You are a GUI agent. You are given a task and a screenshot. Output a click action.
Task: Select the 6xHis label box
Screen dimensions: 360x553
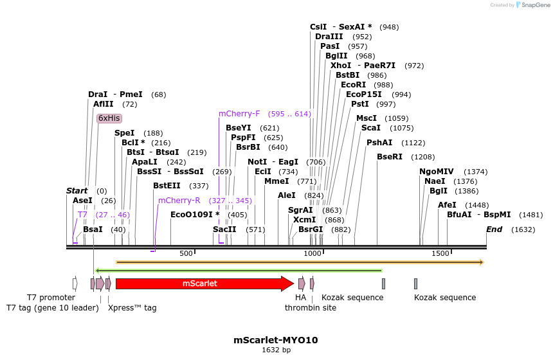(x=109, y=118)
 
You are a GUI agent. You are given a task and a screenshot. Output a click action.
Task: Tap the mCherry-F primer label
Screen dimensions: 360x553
(x=239, y=114)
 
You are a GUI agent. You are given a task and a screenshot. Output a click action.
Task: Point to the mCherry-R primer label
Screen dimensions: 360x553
(x=179, y=201)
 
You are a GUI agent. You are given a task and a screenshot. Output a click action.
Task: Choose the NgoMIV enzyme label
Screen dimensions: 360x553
(x=437, y=172)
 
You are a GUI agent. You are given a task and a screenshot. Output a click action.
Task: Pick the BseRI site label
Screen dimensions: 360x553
(x=389, y=157)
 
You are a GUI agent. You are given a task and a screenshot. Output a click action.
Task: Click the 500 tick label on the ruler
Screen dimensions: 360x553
(x=186, y=254)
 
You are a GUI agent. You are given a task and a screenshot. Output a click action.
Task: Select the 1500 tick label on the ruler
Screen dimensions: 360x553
(x=440, y=254)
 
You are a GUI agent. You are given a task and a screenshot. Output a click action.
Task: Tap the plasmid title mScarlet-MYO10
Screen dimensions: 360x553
(x=276, y=339)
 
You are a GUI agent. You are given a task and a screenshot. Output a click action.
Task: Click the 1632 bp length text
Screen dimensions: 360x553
(x=276, y=350)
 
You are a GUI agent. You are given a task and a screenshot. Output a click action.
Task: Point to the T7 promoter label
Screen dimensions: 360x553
(x=51, y=298)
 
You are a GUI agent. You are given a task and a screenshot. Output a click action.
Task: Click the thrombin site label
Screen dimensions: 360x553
(x=302, y=308)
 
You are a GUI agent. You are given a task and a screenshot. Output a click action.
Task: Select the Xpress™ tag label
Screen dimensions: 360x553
(x=132, y=308)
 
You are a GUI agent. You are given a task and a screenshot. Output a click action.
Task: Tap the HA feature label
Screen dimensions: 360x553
(x=300, y=298)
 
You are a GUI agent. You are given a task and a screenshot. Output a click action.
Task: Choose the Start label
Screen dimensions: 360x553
(x=77, y=191)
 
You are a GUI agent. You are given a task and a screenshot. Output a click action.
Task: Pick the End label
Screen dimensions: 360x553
(x=494, y=230)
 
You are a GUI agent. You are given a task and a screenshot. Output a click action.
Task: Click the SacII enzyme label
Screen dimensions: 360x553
(x=224, y=230)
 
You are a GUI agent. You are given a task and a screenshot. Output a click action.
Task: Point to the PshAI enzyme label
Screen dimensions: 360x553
(x=379, y=143)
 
